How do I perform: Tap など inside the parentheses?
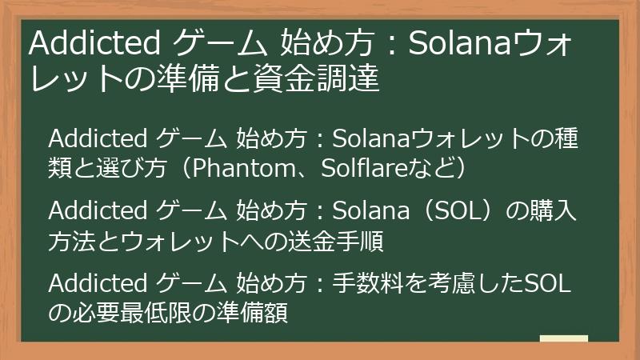point(430,169)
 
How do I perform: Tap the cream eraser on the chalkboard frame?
point(563,339)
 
